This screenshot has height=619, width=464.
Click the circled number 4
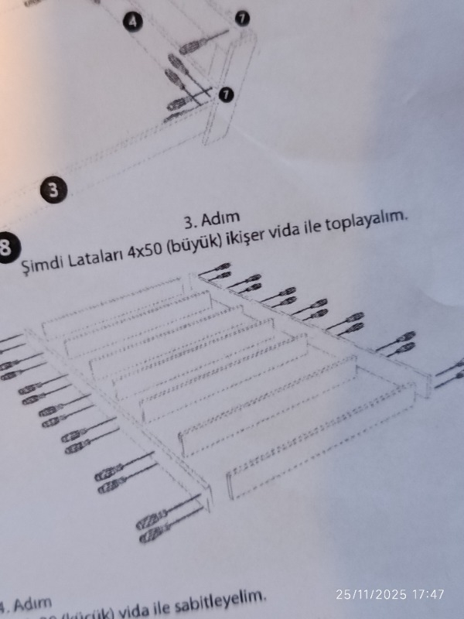134,22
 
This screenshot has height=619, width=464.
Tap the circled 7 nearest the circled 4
242,18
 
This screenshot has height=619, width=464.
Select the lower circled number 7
226,94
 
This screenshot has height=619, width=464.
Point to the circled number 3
53,190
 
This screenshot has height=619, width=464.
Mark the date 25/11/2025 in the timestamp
371,594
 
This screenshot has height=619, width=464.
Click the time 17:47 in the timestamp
428,594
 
